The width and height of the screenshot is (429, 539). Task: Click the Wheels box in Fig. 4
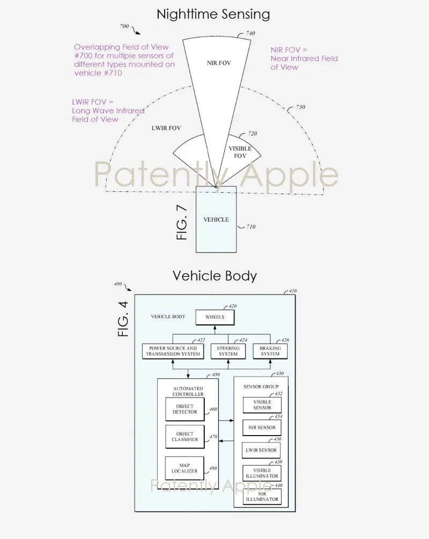215,317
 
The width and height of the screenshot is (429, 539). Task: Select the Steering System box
228,351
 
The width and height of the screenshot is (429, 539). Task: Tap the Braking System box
270,351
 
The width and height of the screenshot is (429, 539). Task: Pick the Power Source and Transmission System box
173,351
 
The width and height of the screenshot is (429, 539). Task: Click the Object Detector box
185,409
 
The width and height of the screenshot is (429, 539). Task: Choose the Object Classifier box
185,437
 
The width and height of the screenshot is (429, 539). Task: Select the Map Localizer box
184,468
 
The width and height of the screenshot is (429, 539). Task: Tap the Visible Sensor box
262,405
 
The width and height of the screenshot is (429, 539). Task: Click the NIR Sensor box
262,428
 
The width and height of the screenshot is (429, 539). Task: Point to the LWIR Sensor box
261,450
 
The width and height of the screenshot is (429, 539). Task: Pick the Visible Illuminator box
262,473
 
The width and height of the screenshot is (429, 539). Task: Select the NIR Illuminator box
262,497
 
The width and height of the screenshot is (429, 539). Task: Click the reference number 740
250,33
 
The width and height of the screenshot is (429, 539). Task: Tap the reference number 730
300,107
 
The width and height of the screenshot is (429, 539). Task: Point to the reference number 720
253,133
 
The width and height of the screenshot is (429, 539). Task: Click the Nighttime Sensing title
213,14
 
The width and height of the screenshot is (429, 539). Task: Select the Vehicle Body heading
214,276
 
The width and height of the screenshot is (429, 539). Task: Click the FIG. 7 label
182,222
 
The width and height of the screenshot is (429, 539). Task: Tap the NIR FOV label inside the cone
219,63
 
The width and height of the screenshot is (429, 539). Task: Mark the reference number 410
292,291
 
